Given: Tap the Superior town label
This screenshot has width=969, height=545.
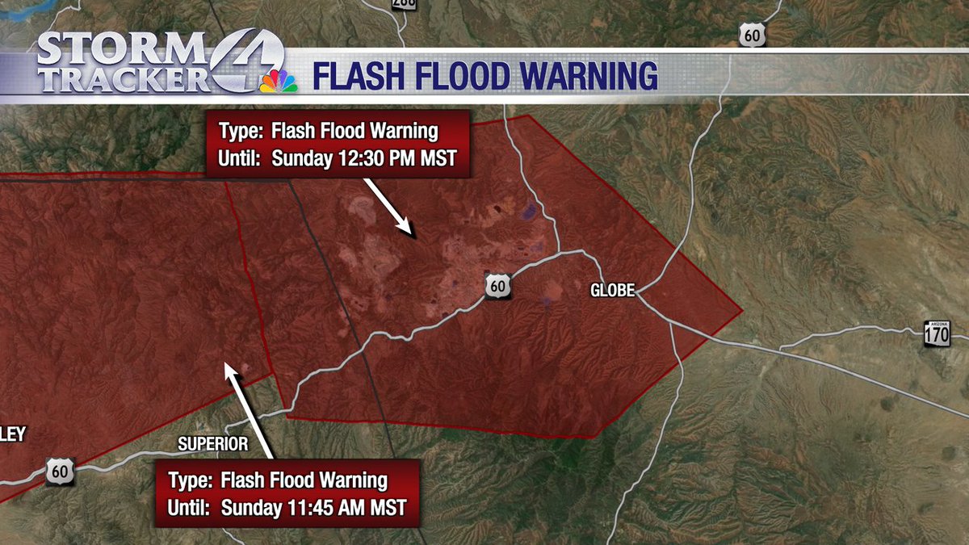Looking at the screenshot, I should (212, 444).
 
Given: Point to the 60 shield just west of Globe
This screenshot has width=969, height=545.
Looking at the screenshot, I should (498, 286).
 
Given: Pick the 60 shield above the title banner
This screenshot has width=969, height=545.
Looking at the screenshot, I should (751, 34).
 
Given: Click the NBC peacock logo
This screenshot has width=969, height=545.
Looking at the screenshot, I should (279, 81).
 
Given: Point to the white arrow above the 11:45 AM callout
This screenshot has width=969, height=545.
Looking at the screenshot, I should (251, 409).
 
